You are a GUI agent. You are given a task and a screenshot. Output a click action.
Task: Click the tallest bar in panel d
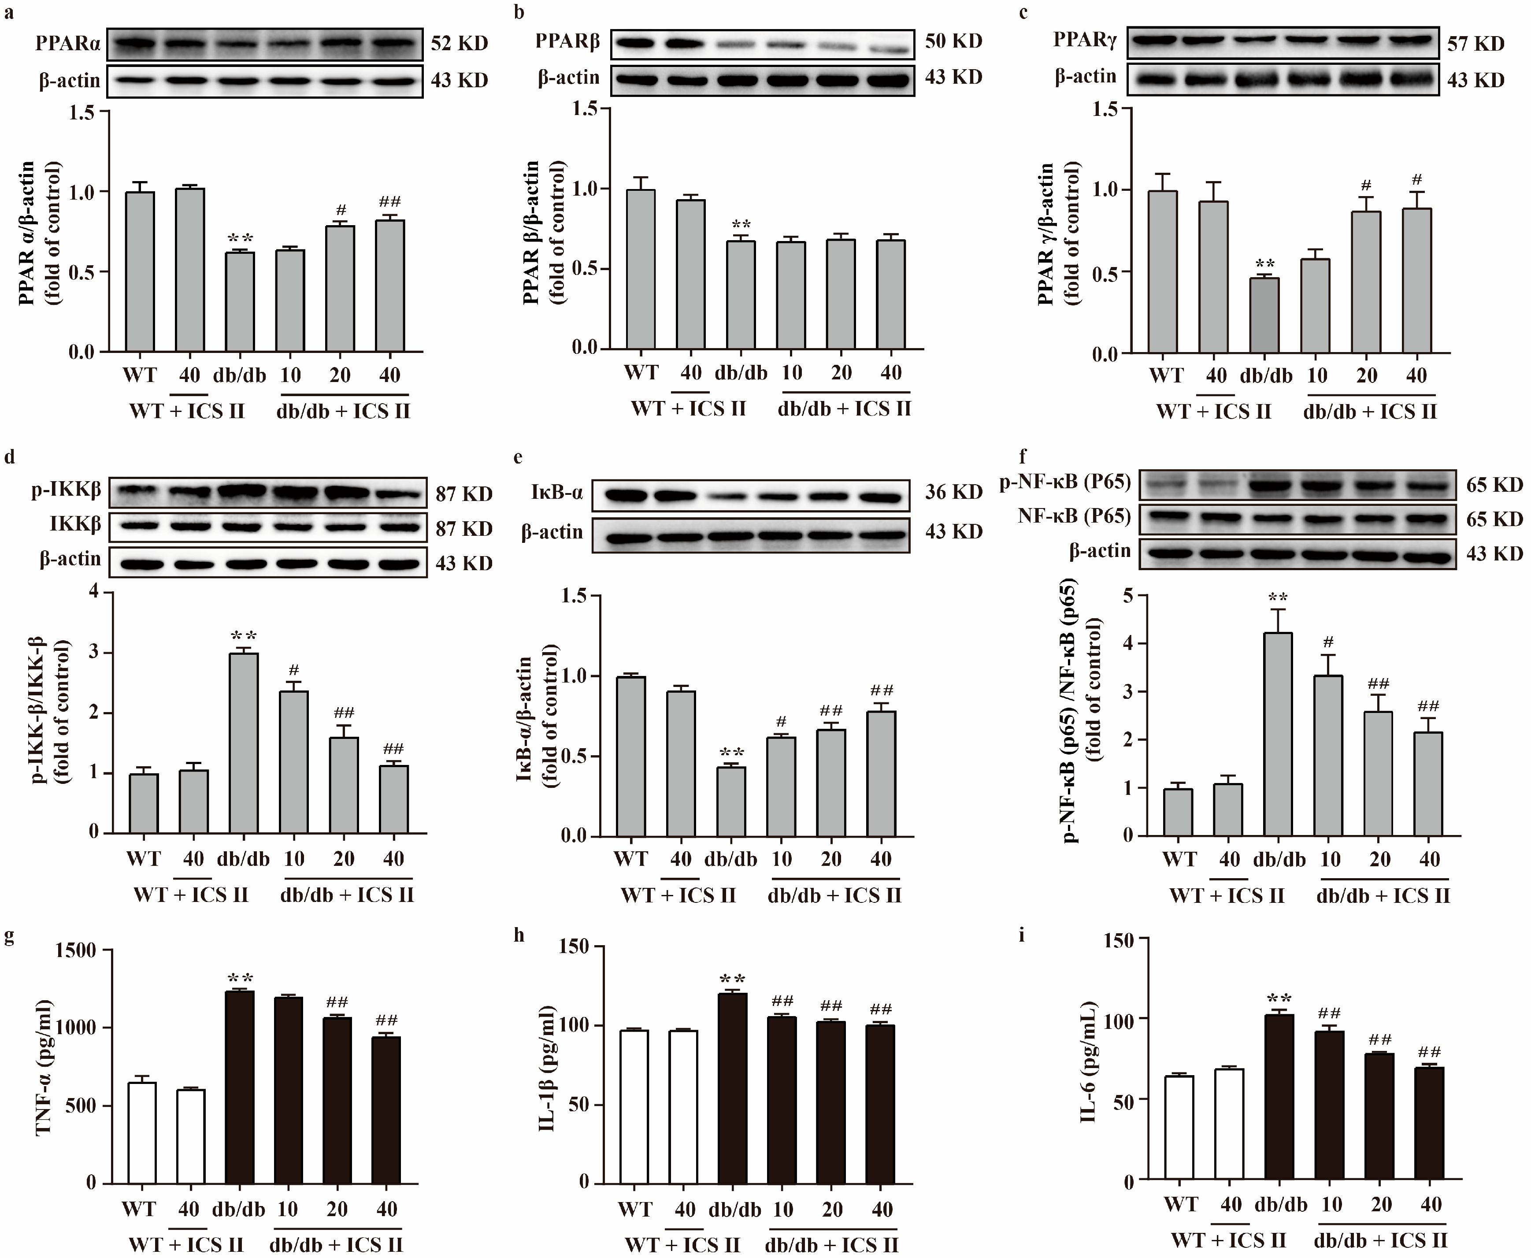point(244,743)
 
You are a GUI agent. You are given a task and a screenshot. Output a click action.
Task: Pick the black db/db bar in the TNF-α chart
point(239,1087)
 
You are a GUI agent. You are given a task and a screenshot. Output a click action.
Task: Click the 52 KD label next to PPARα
point(460,44)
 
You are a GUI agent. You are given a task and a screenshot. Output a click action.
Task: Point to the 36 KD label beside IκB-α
point(953,492)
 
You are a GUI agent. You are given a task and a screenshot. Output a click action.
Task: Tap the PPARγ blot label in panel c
point(1085,39)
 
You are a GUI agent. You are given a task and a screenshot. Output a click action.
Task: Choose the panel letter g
point(9,936)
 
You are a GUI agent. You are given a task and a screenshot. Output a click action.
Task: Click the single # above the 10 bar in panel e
point(781,722)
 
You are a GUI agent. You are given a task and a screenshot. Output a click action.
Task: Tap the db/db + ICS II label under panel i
point(1381,1240)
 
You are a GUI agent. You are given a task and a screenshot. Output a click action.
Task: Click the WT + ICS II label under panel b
point(688,409)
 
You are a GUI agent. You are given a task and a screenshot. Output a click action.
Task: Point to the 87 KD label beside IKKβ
point(464,528)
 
